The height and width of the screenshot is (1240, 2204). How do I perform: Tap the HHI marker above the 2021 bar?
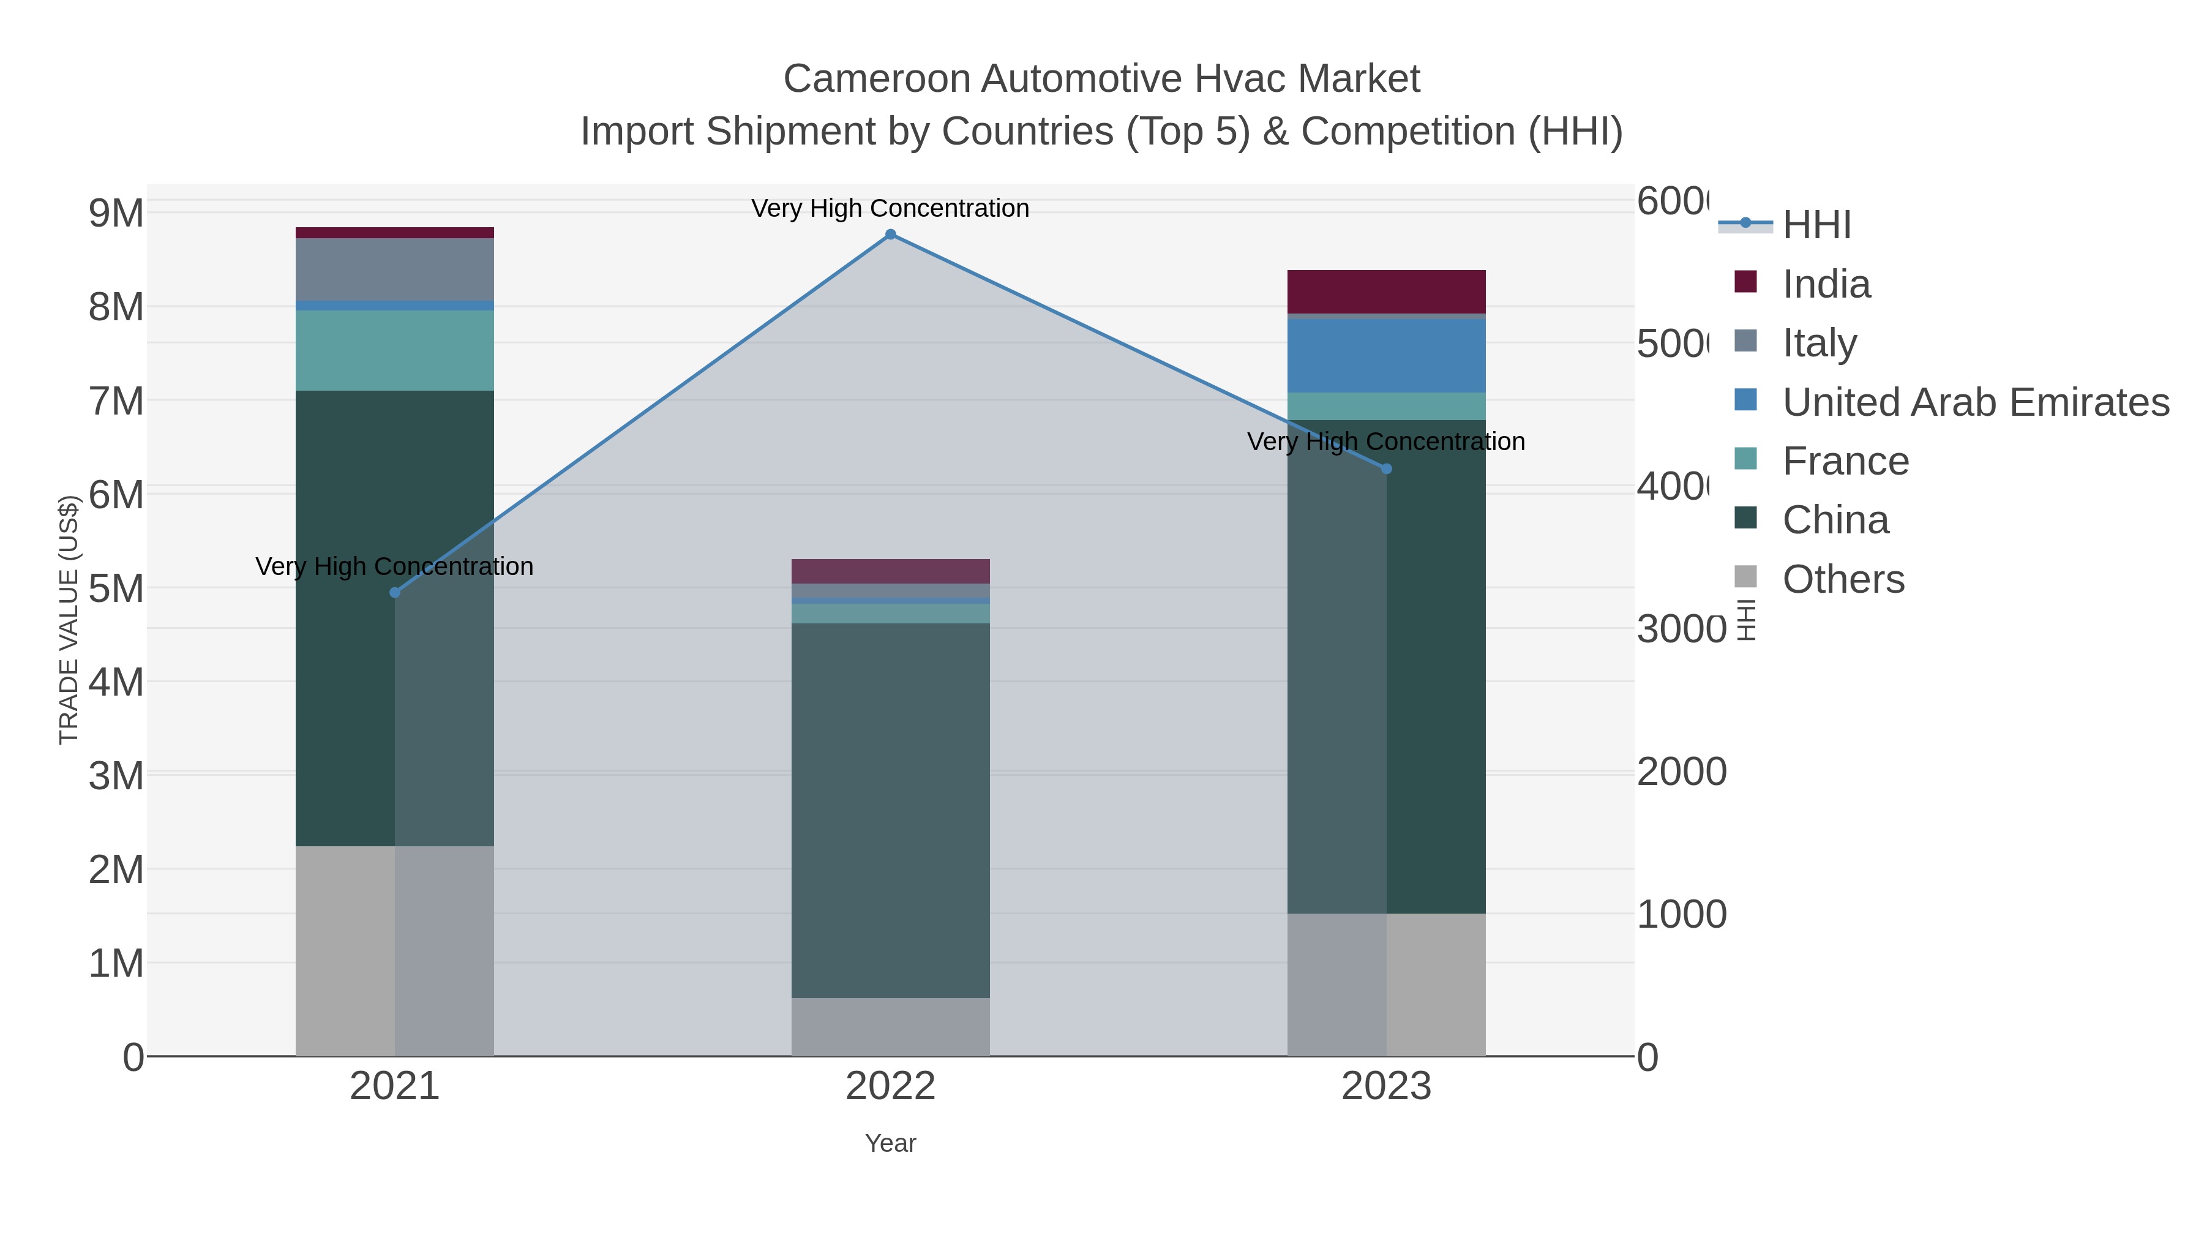(x=394, y=592)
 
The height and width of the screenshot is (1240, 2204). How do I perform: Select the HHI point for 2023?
(x=1387, y=469)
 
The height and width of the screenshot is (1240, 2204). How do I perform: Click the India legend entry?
(x=1826, y=284)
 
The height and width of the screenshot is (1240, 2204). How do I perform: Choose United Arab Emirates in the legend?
(x=1974, y=402)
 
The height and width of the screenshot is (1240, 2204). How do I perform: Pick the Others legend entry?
(x=1843, y=579)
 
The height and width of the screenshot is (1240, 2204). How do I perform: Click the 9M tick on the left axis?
(x=116, y=213)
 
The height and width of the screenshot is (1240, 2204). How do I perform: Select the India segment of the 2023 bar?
(x=1386, y=292)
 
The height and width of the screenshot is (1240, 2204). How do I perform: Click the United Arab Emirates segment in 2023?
(x=1386, y=355)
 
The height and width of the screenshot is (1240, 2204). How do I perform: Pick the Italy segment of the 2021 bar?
(x=394, y=269)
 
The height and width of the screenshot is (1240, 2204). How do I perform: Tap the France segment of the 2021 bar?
(x=394, y=350)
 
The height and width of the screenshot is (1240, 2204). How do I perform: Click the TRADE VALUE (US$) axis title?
(x=69, y=620)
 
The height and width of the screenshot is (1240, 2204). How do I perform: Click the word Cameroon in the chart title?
(x=876, y=80)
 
